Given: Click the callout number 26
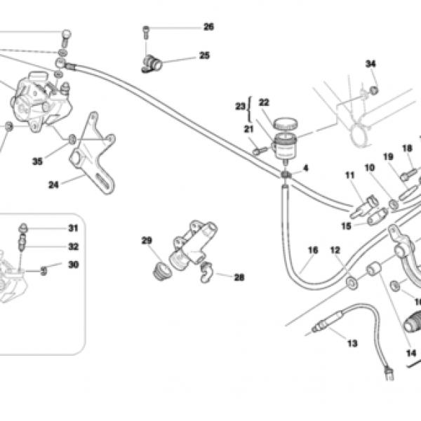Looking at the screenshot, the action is (209, 27).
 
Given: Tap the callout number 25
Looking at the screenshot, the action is (204, 55).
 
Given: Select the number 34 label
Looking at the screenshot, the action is (370, 64).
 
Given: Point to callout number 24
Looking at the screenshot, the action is (53, 185).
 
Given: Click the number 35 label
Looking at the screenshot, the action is (37, 161).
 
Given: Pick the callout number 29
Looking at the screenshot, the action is (147, 240).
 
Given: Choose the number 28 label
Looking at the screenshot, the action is (239, 277).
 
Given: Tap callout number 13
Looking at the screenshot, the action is (352, 343).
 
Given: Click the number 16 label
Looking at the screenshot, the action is (313, 250).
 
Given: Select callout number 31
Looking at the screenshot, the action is (73, 228).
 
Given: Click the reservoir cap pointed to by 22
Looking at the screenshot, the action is (285, 123).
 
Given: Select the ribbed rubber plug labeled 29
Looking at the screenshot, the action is (161, 271).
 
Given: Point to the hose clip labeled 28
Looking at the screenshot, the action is (207, 272).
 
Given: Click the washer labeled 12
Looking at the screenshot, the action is (352, 283).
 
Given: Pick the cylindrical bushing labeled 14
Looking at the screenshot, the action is (374, 269).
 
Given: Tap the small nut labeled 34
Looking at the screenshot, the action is (374, 91).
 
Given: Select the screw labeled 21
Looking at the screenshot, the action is (260, 151).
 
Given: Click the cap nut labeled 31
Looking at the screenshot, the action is (24, 228).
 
